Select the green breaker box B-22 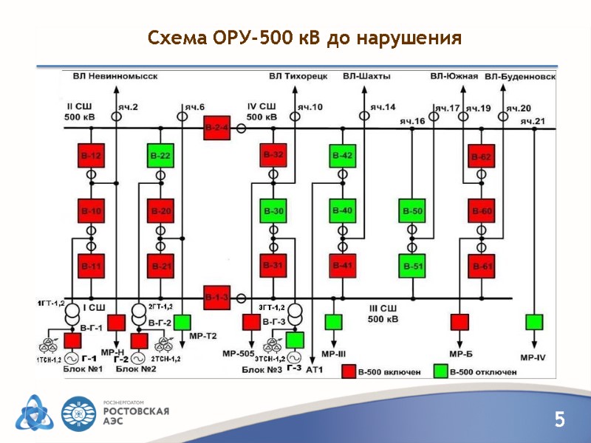(160, 156)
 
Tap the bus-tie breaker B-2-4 (217, 128)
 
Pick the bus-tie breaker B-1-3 (217, 297)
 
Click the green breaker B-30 (273, 211)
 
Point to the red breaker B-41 (342, 266)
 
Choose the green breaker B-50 (412, 211)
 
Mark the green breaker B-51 (412, 266)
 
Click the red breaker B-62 (481, 157)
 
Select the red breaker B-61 (481, 266)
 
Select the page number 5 (559, 421)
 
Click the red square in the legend (347, 371)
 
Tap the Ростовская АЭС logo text (136, 414)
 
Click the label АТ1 (315, 368)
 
